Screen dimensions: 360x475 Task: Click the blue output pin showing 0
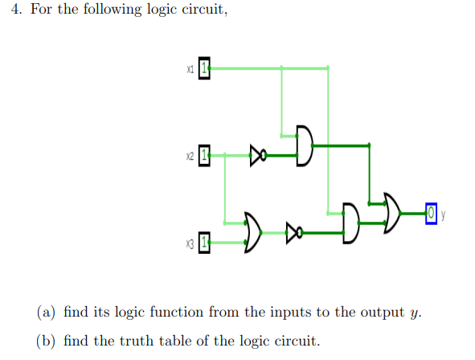click(x=432, y=214)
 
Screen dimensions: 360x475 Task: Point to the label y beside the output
click(x=443, y=214)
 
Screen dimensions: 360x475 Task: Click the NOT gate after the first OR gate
click(x=294, y=235)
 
